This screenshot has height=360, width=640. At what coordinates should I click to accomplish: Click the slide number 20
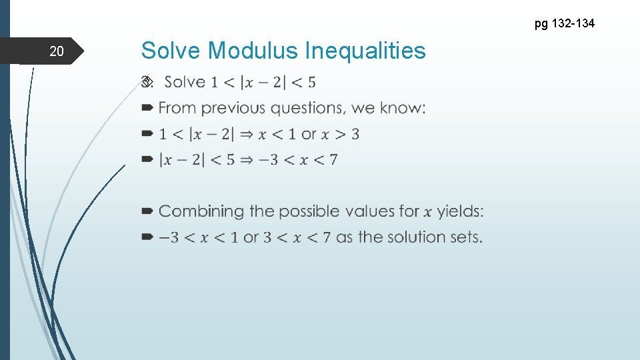click(56, 51)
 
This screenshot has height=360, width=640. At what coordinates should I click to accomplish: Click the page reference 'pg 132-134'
click(564, 24)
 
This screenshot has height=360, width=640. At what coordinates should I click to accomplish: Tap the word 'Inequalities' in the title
click(365, 50)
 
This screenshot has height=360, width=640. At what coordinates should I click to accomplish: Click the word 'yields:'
click(461, 211)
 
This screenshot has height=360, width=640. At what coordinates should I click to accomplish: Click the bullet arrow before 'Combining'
click(147, 211)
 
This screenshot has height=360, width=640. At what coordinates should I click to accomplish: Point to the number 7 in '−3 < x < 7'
click(333, 160)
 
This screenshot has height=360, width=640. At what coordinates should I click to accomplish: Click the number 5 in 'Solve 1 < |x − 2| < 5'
click(311, 83)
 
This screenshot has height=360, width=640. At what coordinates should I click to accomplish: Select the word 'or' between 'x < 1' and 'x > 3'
click(309, 134)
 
